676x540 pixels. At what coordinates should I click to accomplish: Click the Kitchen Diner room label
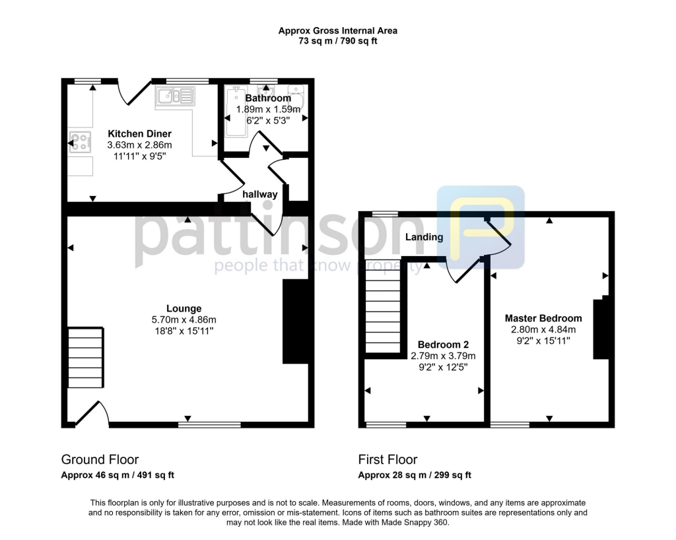[x=139, y=134]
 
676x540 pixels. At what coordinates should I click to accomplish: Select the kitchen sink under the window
[x=175, y=98]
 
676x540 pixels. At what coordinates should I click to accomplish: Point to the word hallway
[x=260, y=194]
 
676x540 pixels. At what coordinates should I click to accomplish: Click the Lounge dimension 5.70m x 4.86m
[x=184, y=320]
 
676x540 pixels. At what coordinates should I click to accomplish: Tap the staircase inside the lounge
[x=86, y=358]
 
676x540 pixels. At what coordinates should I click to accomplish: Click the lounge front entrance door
[x=89, y=414]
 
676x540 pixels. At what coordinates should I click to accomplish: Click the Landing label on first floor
[x=424, y=237]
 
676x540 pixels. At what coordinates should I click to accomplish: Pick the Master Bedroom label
[x=543, y=318]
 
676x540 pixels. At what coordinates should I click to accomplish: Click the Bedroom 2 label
[x=443, y=345]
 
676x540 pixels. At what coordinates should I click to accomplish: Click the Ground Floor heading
[x=100, y=459]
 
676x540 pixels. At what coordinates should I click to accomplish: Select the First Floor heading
[x=388, y=459]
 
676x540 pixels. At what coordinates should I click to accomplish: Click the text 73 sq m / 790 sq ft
[x=337, y=41]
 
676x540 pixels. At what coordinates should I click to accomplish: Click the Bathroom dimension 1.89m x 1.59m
[x=268, y=110]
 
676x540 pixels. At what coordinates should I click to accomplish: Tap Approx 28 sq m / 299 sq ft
[x=414, y=475]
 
